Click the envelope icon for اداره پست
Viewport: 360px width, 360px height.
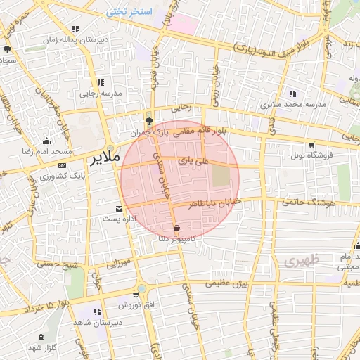tap(119, 208)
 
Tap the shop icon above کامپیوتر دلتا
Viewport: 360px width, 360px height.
tap(176, 228)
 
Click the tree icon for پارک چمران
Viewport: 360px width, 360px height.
tap(148, 120)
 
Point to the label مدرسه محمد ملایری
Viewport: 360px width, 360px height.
tap(292, 104)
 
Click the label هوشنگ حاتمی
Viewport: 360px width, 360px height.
tap(305, 202)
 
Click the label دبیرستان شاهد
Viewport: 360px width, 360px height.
tap(97, 321)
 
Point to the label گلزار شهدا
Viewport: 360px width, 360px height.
tap(41, 347)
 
